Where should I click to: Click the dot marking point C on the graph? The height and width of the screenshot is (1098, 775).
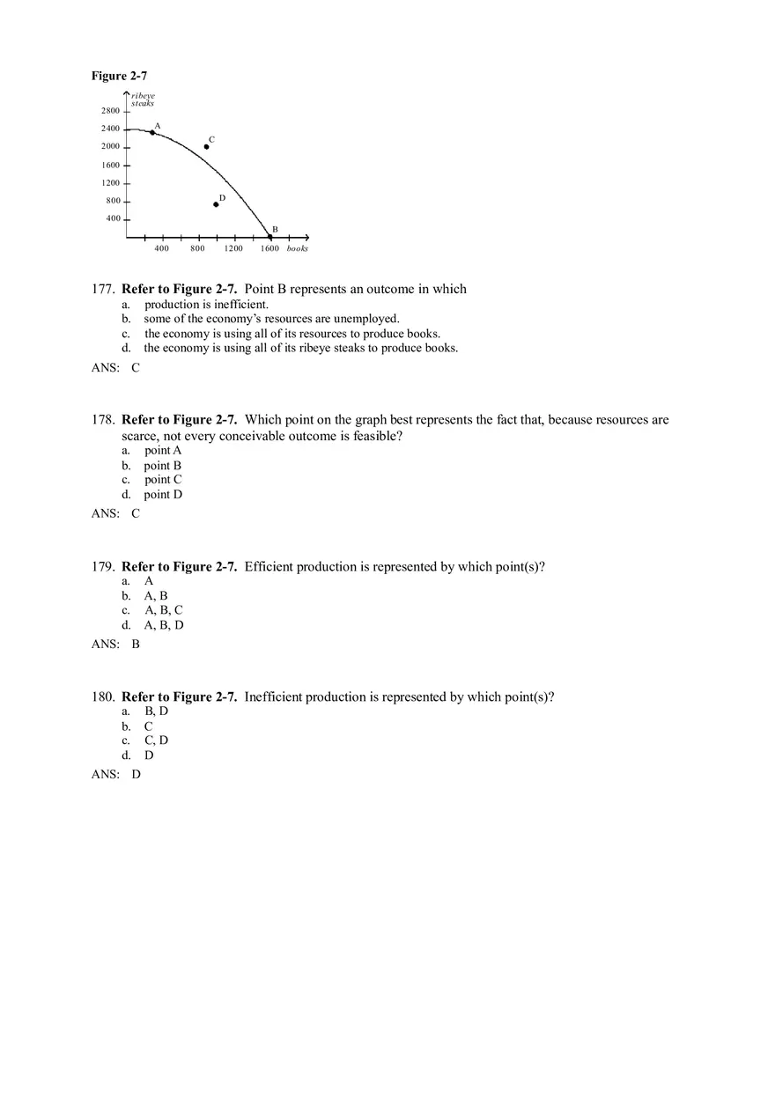point(206,146)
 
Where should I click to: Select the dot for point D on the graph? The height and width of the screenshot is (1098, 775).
point(216,204)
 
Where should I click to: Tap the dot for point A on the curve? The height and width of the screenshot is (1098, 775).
point(152,132)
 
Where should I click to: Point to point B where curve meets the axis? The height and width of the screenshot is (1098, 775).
point(269,236)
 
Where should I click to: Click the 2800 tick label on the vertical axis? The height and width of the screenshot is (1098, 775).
point(110,111)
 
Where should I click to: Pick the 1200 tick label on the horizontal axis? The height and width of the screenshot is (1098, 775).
point(233,248)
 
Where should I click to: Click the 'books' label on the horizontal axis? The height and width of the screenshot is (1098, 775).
point(297,248)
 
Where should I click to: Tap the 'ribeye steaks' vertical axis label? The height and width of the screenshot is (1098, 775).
point(143,99)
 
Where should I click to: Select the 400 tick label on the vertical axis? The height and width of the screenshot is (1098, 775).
point(114,218)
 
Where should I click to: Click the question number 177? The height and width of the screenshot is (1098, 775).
point(103,290)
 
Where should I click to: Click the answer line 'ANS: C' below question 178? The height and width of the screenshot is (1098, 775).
point(115,513)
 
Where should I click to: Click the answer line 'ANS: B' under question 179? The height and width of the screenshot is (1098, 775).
point(115,644)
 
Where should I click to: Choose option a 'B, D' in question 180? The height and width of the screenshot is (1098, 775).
point(156,711)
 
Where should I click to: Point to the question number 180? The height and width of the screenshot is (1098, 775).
point(103,697)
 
